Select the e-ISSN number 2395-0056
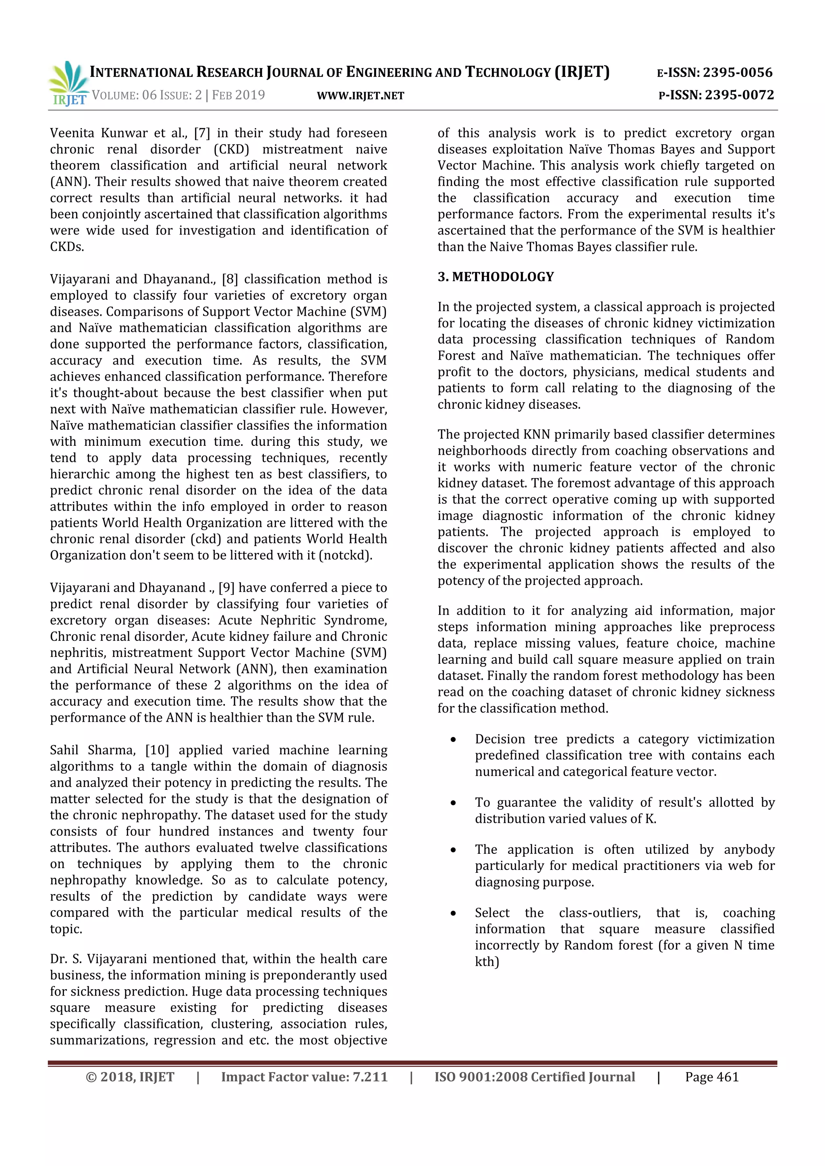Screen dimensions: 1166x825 tap(737, 72)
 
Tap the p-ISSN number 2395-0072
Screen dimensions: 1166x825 tap(739, 95)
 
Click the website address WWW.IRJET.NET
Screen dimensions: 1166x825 tap(360, 96)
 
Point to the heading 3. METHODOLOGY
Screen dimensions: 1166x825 tap(495, 277)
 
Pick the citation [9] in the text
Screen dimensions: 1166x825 tap(226, 588)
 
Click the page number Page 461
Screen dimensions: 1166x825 tap(711, 1077)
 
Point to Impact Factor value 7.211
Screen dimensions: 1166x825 tap(304, 1077)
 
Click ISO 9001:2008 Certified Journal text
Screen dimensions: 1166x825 tap(535, 1077)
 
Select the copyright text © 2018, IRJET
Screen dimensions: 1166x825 tap(130, 1077)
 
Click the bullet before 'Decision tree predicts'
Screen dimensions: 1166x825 tap(453, 740)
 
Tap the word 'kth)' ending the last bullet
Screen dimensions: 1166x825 tap(487, 962)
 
